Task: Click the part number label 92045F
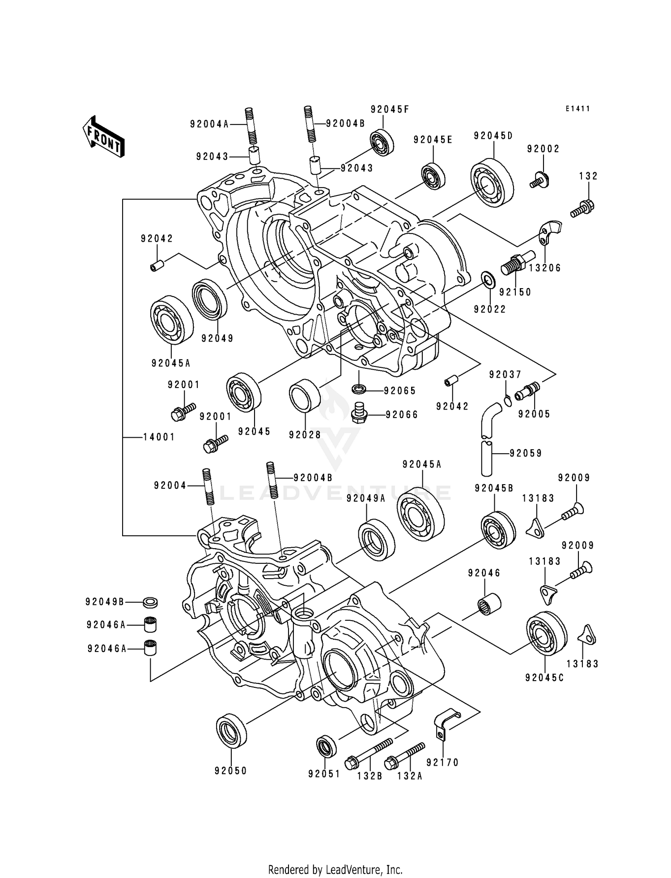[390, 110]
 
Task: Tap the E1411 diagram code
[578, 109]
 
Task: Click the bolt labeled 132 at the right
[582, 208]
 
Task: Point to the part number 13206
[544, 268]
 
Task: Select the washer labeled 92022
[488, 280]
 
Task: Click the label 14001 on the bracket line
[159, 437]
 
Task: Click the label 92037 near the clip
[505, 375]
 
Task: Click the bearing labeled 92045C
[546, 633]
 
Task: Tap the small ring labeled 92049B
[150, 602]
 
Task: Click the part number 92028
[305, 435]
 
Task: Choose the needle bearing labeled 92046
[490, 603]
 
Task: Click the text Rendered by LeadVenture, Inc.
[335, 869]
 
